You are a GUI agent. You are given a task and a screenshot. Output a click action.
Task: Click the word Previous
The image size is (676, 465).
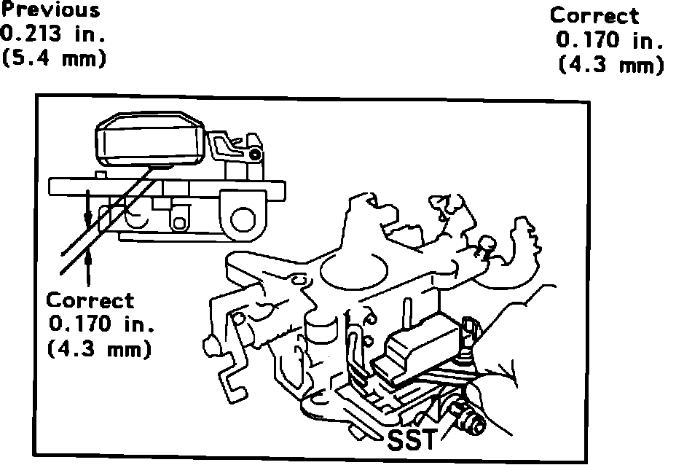tap(50, 10)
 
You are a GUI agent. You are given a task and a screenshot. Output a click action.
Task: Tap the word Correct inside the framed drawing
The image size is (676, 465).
tap(91, 300)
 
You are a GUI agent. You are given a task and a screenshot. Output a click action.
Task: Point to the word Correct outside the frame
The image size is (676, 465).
tap(594, 15)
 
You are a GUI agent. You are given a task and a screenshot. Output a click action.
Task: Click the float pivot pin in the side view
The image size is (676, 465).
tap(253, 155)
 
